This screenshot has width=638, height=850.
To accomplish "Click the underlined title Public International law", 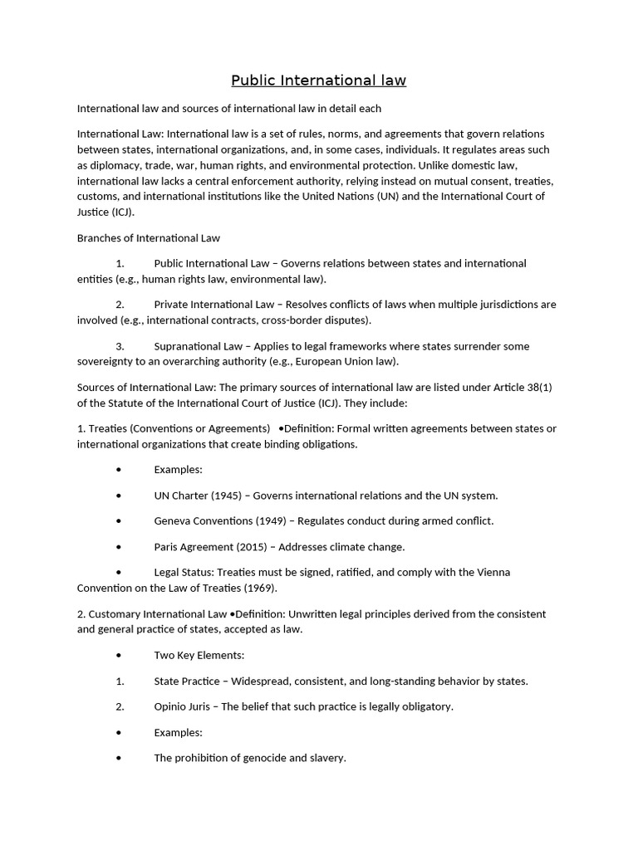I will pos(318,81).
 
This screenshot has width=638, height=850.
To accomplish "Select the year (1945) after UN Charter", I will pos(225,496).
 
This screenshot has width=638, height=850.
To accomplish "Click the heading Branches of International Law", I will pos(149,237).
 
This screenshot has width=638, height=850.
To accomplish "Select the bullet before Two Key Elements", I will pos(120,656).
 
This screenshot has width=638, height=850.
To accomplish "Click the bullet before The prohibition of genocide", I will pos(120,758).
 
